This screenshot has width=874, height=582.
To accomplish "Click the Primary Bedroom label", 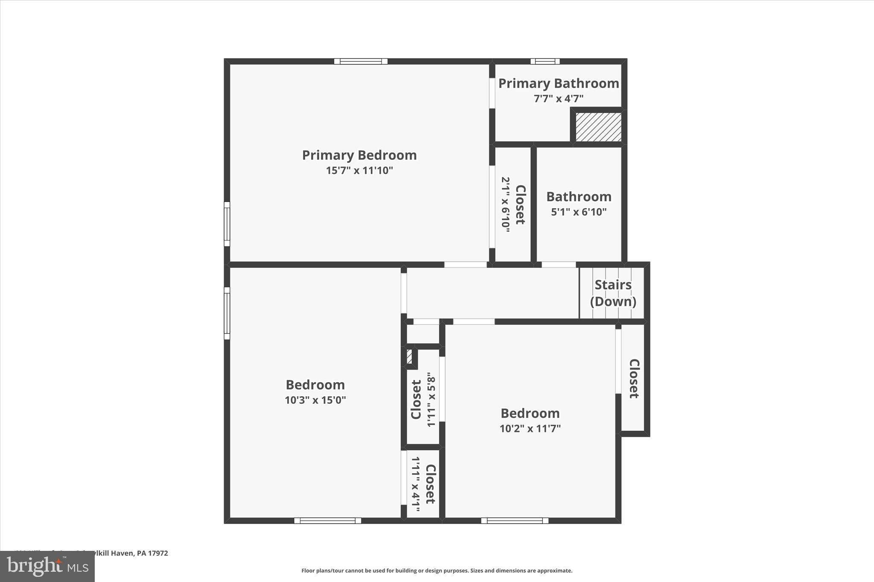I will coord(359,155).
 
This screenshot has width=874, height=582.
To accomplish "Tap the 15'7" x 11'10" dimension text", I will coord(359,171).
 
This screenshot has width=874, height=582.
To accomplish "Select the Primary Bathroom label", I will coord(559,84).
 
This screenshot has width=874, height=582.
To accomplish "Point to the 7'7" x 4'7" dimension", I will coord(559,98).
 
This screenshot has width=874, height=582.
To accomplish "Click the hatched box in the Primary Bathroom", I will coord(598,127).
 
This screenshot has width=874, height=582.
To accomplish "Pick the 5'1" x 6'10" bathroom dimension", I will coord(579,212).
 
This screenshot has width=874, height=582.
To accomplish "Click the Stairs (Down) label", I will coord(613,293).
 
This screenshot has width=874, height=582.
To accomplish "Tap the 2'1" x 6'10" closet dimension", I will coord(506,205).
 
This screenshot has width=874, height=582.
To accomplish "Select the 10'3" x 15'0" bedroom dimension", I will coord(315,400).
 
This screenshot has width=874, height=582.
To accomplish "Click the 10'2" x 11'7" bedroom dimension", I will coord(530,428).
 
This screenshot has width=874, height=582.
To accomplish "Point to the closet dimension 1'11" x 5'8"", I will coord(431,400).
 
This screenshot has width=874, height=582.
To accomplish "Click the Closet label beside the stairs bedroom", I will coord(634,379).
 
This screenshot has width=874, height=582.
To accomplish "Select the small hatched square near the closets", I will coord(409,356).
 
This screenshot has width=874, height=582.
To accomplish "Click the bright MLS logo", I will coord(47,566).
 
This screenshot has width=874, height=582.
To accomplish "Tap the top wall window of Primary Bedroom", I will coord(361,61).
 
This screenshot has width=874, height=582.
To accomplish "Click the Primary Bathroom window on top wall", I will coord(545,61).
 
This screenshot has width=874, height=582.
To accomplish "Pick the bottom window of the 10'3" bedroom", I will coord(328,520).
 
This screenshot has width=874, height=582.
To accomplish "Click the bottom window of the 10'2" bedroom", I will coord(515,520).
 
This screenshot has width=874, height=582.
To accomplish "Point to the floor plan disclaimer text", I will coord(437,570).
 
